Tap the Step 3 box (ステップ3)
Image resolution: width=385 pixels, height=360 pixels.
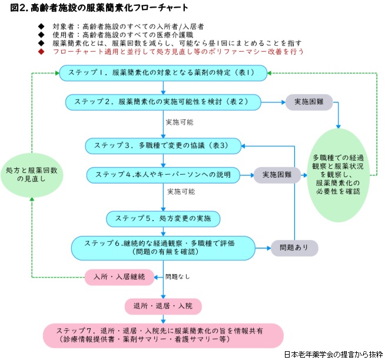coord(164,145)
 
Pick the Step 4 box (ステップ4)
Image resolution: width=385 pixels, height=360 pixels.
coord(164,175)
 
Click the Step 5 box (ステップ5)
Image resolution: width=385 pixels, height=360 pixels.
coord(163,218)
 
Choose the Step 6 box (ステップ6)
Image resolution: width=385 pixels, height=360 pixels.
coord(163,247)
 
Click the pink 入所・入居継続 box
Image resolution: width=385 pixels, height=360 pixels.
coord(115,276)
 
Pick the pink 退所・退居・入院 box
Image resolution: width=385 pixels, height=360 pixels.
coord(163,306)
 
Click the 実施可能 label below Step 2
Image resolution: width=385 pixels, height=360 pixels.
coord(179,122)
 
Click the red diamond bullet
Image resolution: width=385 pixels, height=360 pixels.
coord(41,52)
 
